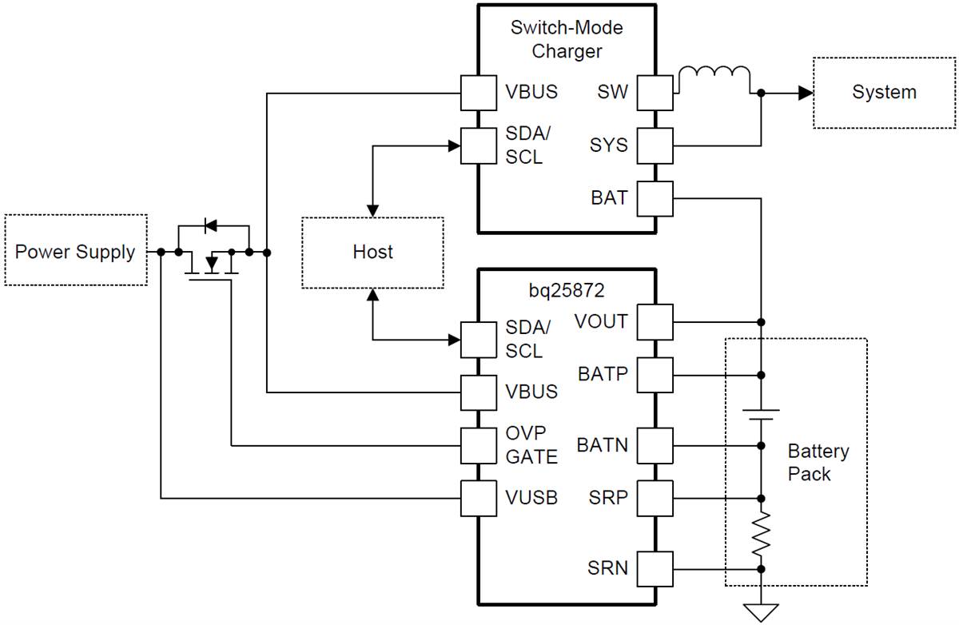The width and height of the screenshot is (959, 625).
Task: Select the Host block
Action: (372, 253)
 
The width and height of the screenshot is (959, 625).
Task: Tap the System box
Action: (884, 93)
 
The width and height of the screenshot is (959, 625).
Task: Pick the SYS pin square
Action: (655, 146)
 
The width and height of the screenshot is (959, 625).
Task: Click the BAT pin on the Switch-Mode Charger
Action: (655, 198)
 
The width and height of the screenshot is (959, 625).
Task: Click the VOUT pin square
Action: (655, 322)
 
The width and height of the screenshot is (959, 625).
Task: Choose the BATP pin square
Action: (655, 375)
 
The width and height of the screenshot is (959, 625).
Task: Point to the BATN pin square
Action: (655, 445)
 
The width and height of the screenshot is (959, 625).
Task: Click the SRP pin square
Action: (655, 499)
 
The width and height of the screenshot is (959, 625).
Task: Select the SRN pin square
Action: (655, 569)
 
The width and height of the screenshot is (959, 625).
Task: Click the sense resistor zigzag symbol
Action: (761, 533)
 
